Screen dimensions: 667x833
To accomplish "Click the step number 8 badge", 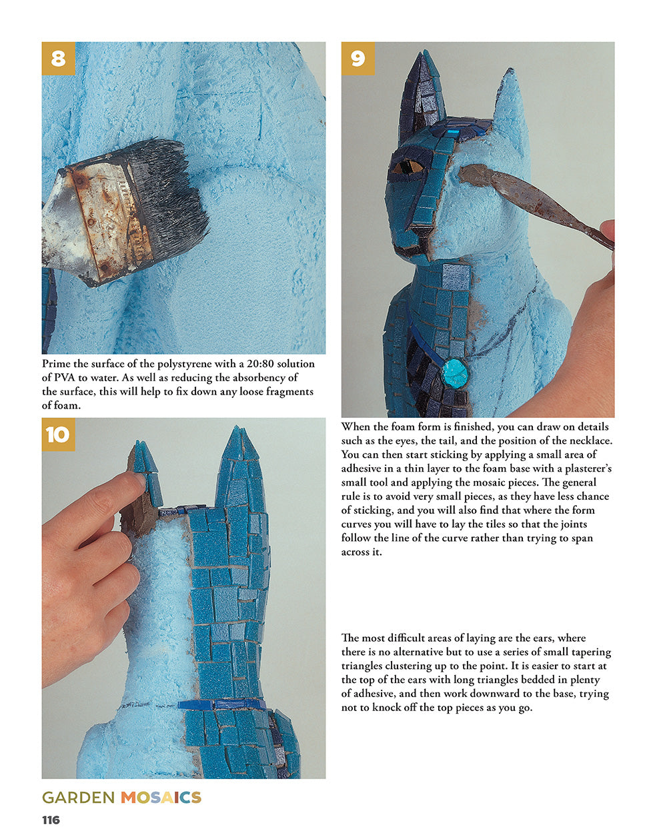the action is coord(58,59).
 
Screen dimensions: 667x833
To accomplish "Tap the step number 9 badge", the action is coord(358,59).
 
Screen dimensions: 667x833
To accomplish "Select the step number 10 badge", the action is coord(58,434).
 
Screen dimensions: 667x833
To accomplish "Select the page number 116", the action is coord(51,820).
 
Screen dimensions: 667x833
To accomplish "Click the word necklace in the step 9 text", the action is coord(591,440).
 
